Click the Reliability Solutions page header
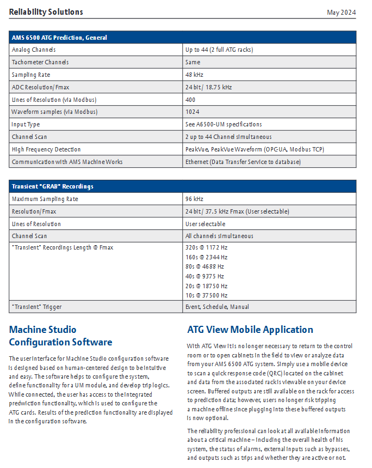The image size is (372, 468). [x=46, y=12]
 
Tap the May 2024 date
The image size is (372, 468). [x=341, y=12]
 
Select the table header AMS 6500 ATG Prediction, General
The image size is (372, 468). [x=59, y=38]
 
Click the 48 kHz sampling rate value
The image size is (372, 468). [x=194, y=75]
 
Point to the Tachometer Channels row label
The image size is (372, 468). [x=40, y=62]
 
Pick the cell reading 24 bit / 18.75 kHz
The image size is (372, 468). [x=208, y=87]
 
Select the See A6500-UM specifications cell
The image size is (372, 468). [x=224, y=124]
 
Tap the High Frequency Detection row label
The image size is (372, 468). [x=46, y=149]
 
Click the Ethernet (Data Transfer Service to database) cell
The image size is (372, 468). [x=243, y=162]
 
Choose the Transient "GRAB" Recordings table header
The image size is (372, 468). [x=53, y=186]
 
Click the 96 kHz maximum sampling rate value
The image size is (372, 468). [x=194, y=199]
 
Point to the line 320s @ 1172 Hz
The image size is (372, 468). [x=206, y=248]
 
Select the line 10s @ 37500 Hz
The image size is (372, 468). [x=206, y=295]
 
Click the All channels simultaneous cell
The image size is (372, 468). [x=219, y=236]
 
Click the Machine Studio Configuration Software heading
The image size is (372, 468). [x=60, y=336]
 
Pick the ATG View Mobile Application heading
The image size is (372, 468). [x=250, y=330]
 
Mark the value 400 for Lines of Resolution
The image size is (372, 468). [x=190, y=100]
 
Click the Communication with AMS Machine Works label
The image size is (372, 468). [x=67, y=162]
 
